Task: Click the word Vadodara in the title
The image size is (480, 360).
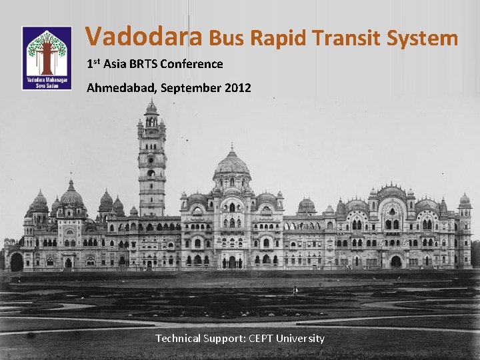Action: (x=144, y=37)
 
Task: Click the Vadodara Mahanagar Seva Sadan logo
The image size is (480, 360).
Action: (x=47, y=59)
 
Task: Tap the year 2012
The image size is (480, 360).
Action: (x=238, y=88)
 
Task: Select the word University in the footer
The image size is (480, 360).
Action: (x=303, y=339)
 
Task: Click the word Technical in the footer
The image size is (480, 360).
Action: (x=177, y=339)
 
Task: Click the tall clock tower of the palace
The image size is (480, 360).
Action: (x=152, y=160)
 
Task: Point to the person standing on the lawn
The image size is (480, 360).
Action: (x=295, y=290)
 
